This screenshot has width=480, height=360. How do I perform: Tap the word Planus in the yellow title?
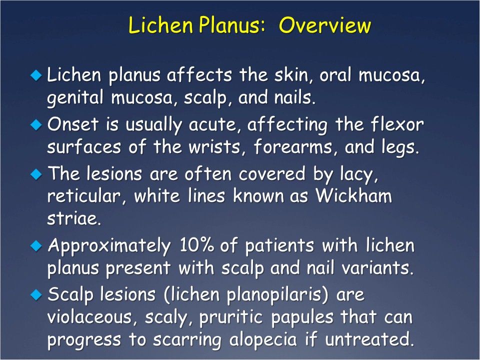coord(226,25)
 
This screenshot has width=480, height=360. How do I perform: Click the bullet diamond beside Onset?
coord(35,125)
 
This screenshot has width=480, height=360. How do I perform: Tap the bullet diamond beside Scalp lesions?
coord(35,295)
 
